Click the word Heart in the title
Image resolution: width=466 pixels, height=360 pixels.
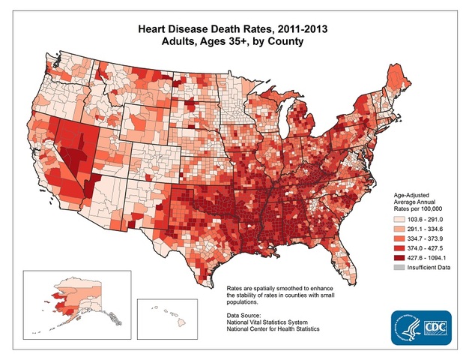(x=154, y=27)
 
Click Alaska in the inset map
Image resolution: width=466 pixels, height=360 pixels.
(x=71, y=296)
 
